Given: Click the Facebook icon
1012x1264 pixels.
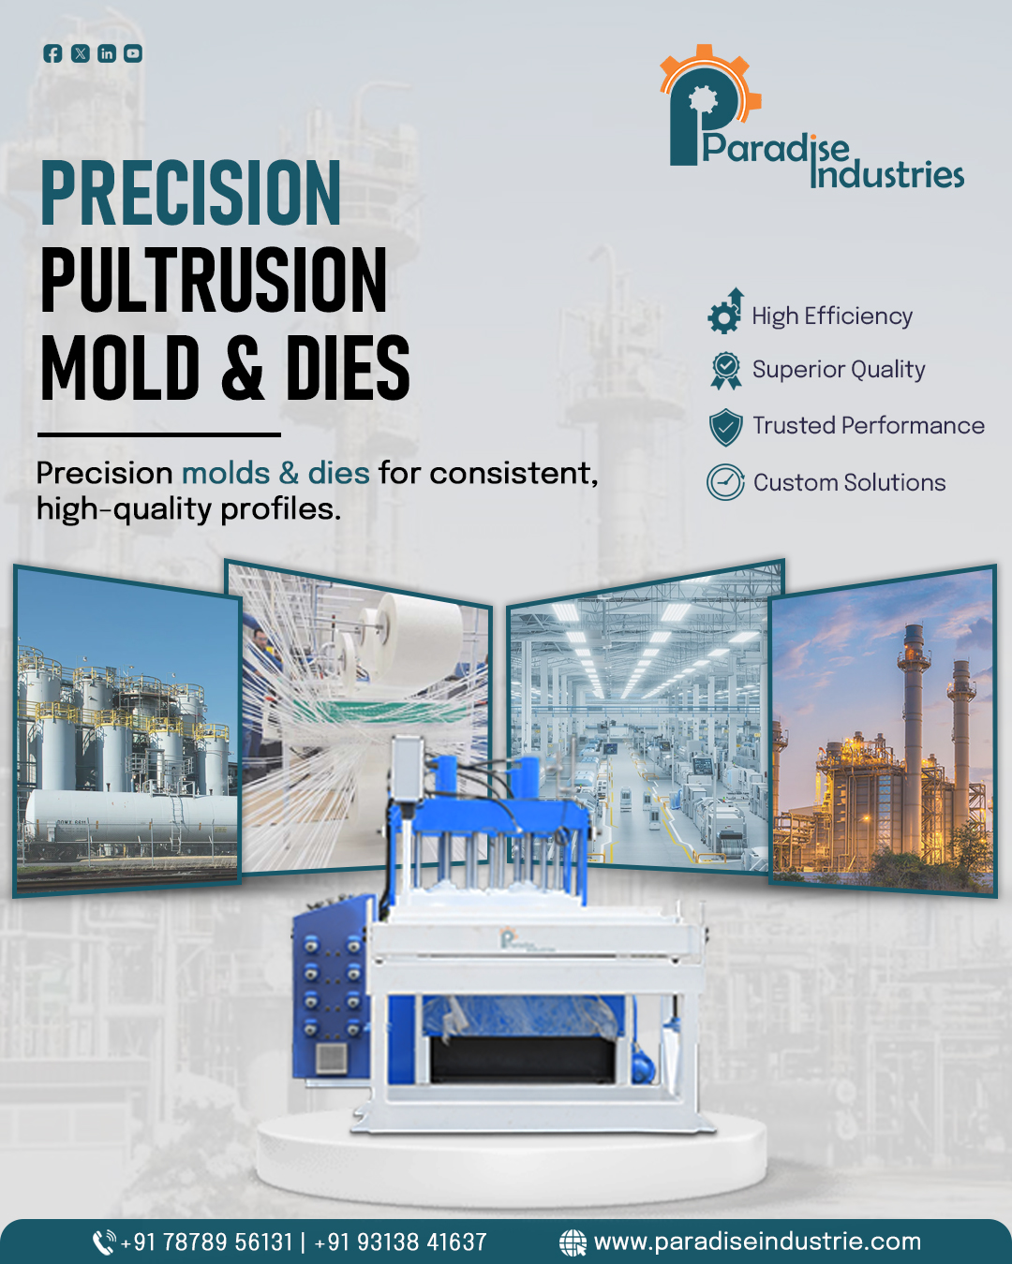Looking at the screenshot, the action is (x=52, y=53).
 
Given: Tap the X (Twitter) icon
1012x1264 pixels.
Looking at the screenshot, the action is (x=80, y=53).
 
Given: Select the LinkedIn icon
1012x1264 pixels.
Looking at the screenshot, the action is (x=107, y=53).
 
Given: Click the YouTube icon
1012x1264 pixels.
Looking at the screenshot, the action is (x=133, y=53).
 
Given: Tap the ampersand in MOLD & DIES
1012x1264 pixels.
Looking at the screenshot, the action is (x=243, y=367).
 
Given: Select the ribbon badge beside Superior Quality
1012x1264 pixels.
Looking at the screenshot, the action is (x=726, y=370).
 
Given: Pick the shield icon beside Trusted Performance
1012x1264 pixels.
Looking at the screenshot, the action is (x=725, y=427).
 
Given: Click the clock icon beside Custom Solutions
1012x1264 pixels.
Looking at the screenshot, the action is (x=725, y=482).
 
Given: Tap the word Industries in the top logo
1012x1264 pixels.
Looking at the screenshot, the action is (x=886, y=174).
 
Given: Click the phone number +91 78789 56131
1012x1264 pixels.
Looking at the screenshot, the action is (x=206, y=1242).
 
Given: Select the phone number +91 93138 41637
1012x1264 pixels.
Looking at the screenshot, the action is (x=400, y=1242).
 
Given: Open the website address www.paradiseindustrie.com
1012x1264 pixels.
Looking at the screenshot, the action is (x=757, y=1242).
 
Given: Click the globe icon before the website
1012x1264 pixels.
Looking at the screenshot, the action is (x=573, y=1242).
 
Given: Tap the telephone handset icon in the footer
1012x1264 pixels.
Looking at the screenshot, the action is (x=104, y=1242).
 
